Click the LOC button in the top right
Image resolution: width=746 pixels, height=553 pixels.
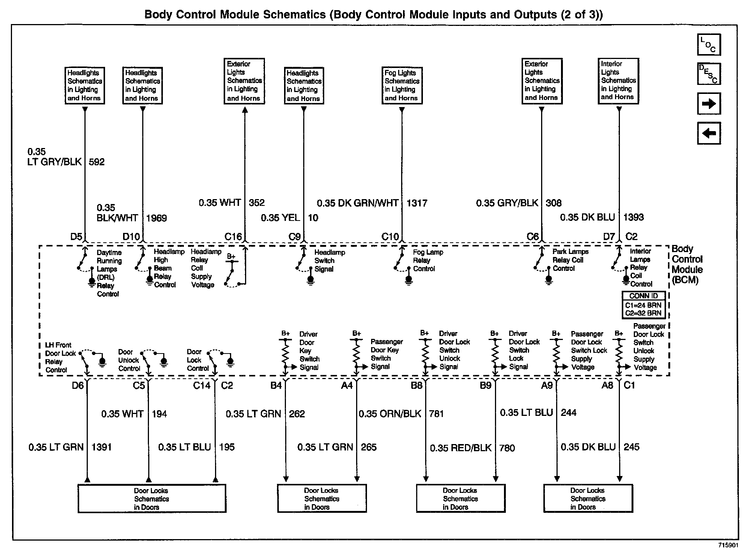[708, 45]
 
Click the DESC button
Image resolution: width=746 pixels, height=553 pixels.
[708, 74]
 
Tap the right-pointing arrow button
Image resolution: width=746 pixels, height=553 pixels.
[708, 104]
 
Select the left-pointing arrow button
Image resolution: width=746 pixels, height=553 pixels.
[708, 133]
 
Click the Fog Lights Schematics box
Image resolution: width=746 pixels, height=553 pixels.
[402, 86]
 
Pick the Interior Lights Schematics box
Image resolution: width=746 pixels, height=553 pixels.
[618, 81]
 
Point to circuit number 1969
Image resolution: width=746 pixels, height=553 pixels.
[156, 218]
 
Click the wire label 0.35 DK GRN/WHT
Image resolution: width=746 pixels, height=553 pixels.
[358, 203]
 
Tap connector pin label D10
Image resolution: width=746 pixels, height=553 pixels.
[131, 237]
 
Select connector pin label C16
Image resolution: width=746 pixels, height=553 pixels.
[233, 237]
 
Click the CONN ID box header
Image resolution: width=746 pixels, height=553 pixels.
[644, 296]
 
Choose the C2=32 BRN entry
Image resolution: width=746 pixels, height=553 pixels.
[644, 313]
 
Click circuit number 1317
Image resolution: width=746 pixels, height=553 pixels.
[417, 203]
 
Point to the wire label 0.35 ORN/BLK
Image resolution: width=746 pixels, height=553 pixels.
[390, 414]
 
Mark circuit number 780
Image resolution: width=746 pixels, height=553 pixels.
[507, 448]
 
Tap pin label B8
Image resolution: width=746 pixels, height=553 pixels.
[417, 385]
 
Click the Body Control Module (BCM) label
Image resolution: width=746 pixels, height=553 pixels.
[687, 264]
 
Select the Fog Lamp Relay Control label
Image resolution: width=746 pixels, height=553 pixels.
[428, 260]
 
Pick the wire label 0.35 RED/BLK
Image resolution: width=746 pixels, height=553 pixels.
[460, 448]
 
